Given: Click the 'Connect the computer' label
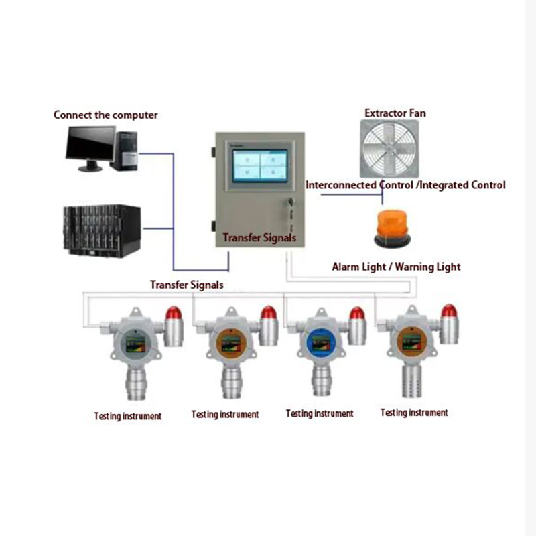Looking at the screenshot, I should click(x=106, y=115).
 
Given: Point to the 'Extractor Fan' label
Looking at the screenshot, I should click(x=395, y=113).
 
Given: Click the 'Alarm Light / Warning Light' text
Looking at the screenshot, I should click(x=396, y=267).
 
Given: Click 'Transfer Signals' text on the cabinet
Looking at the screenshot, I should click(x=259, y=238).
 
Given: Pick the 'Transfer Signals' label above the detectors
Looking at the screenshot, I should click(x=187, y=284).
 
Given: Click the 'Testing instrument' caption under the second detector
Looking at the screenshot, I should click(x=225, y=415).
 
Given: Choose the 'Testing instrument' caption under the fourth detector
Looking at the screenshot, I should click(x=414, y=413).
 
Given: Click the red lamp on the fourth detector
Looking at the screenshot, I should click(x=448, y=311).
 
